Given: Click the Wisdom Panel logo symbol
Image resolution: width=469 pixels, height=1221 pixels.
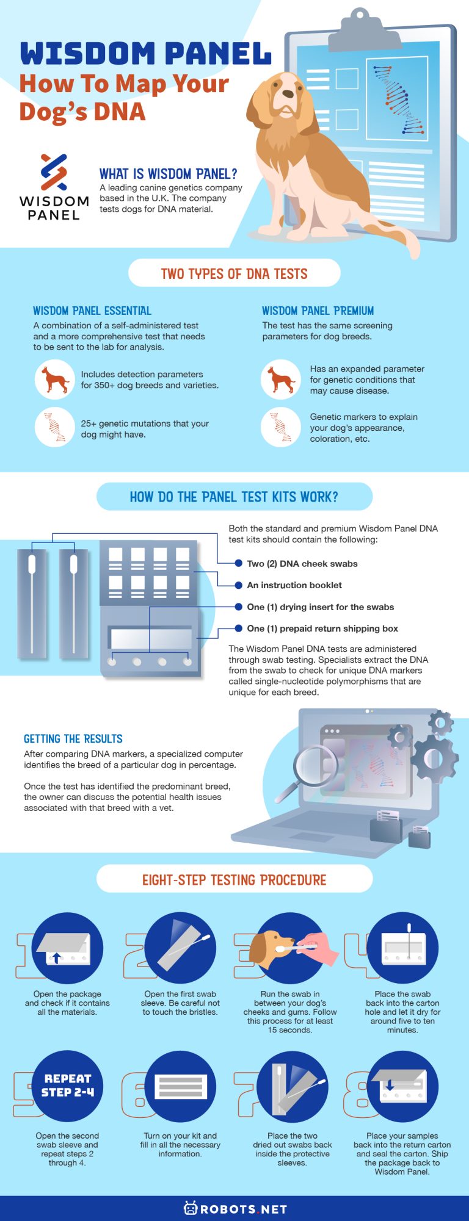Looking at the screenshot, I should point(54,171).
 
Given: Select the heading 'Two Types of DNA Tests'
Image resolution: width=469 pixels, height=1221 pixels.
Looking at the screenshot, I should point(234,274).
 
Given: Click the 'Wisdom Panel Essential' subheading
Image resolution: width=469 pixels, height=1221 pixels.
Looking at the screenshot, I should point(92,311).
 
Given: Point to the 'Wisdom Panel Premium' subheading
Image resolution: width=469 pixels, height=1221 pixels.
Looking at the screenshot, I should point(318,311).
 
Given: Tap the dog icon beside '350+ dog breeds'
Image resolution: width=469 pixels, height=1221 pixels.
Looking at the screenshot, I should point(54,380).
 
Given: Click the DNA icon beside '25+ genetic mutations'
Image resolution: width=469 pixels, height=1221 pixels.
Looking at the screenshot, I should point(54,428).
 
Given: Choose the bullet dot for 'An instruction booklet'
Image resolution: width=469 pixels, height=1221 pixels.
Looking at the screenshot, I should point(239,585).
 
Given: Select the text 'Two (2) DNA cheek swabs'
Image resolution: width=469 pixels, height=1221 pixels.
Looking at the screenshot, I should point(302,564).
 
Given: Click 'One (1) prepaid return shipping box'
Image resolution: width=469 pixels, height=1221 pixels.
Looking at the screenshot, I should point(322,629).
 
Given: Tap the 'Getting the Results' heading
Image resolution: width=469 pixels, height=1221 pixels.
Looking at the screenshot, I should point(73,739).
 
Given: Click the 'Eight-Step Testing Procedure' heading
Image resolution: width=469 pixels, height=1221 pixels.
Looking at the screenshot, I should point(234,880).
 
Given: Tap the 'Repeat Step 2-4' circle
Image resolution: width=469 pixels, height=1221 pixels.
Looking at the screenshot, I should point(67,1086).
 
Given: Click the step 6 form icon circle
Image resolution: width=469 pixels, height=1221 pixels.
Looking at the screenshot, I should point(180,1086).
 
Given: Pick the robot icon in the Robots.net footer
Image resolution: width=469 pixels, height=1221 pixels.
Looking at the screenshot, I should point(191,1208).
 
